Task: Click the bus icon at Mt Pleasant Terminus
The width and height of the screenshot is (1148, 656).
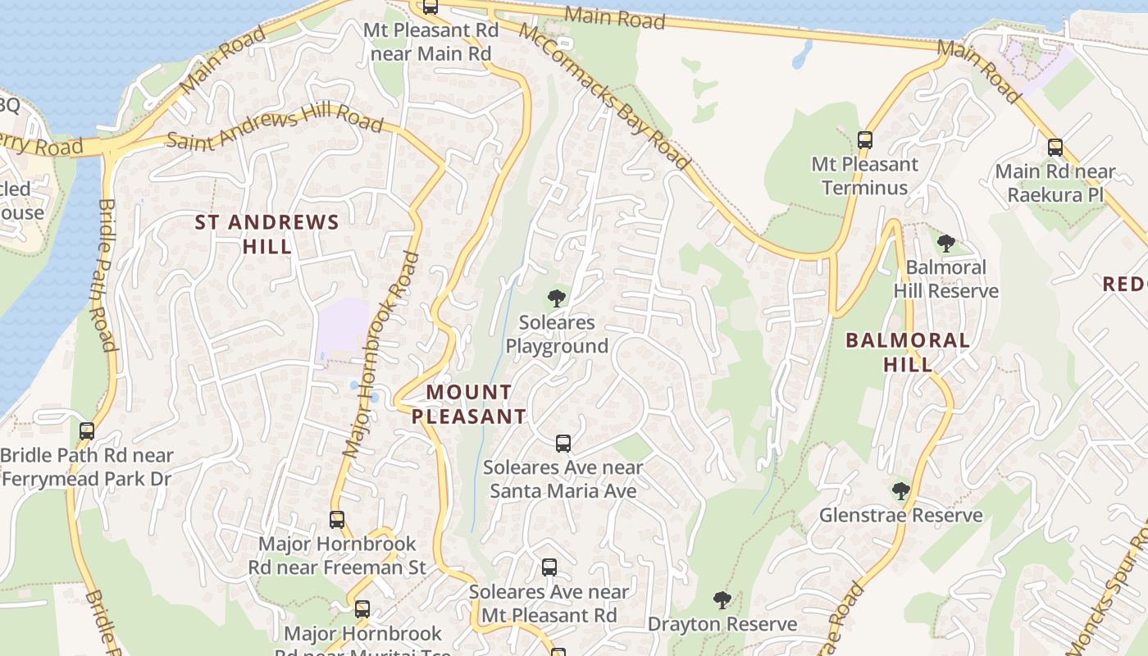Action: [864, 139]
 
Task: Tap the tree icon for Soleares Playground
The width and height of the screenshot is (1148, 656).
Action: [557, 298]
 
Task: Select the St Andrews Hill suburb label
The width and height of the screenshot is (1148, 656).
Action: [266, 234]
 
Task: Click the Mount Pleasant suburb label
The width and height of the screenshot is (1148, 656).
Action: [468, 404]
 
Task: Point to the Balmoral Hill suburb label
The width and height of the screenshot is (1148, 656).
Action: [907, 352]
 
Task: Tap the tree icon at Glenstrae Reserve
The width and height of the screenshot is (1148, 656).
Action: [900, 491]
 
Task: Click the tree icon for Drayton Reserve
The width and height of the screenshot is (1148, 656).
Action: [722, 600]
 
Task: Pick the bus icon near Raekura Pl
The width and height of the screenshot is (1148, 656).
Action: [1055, 148]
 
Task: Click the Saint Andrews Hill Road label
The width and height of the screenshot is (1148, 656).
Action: [275, 129]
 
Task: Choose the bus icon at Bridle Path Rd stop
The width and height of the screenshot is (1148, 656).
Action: [86, 430]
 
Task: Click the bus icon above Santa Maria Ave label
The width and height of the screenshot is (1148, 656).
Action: [563, 444]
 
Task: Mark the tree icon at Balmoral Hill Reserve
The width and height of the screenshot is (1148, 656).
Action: [945, 243]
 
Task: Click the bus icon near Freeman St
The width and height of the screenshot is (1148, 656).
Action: [336, 519]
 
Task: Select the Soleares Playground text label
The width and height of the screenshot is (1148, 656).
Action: [557, 334]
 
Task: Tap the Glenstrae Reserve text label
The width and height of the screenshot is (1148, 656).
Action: [901, 515]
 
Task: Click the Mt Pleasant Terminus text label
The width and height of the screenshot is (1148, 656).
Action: [864, 175]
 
